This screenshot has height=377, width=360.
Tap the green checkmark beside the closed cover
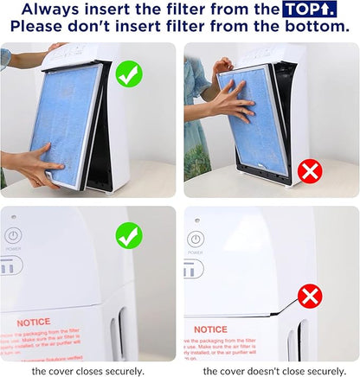[129, 235]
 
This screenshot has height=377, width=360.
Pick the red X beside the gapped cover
[310, 297]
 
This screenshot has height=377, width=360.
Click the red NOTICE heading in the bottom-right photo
[211, 329]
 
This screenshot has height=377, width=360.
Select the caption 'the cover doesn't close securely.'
[270, 371]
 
